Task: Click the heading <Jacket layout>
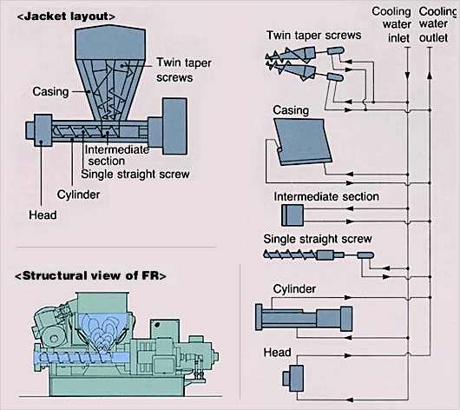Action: coord(66,17)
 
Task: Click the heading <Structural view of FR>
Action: coord(90,275)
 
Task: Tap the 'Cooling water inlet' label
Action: coord(392,24)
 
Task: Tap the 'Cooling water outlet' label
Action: coord(437,24)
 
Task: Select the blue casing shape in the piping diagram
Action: coord(303,142)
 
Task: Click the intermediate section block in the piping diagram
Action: coord(292,215)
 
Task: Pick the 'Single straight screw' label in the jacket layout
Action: coord(135,174)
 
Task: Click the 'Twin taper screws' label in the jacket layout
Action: coord(184,69)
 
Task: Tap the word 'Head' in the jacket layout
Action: coord(43,215)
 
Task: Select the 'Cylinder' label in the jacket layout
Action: coord(78,195)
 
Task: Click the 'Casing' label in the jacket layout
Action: coord(50,91)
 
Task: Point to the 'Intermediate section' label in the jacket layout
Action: coord(117,155)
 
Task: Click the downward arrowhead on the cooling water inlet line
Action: coord(407,76)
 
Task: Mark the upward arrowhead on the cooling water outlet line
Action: coord(430,75)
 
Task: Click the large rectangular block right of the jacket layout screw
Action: coord(174,126)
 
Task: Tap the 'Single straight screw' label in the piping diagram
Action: coord(318,239)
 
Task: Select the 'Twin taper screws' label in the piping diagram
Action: coord(314,36)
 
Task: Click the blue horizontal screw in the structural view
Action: coord(82,358)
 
